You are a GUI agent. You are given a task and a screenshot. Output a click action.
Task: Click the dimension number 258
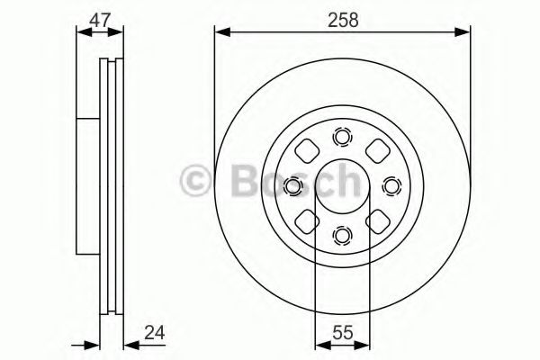coord(343,20)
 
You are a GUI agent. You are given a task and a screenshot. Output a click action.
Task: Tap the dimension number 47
coord(99,20)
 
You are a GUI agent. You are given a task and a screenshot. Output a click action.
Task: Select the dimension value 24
coord(155,333)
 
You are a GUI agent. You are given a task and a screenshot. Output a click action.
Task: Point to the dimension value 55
coord(343,333)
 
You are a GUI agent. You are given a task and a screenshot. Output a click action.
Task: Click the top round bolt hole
coord(342,137)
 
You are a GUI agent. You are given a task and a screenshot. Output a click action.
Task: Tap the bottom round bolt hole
coord(342,236)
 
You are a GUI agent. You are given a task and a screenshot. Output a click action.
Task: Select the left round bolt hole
coord(293,186)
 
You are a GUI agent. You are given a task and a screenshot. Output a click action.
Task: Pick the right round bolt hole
coord(391,186)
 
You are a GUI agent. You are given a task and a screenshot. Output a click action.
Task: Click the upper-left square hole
coord(307,151)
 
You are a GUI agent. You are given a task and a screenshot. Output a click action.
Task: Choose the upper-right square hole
coord(377,151)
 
